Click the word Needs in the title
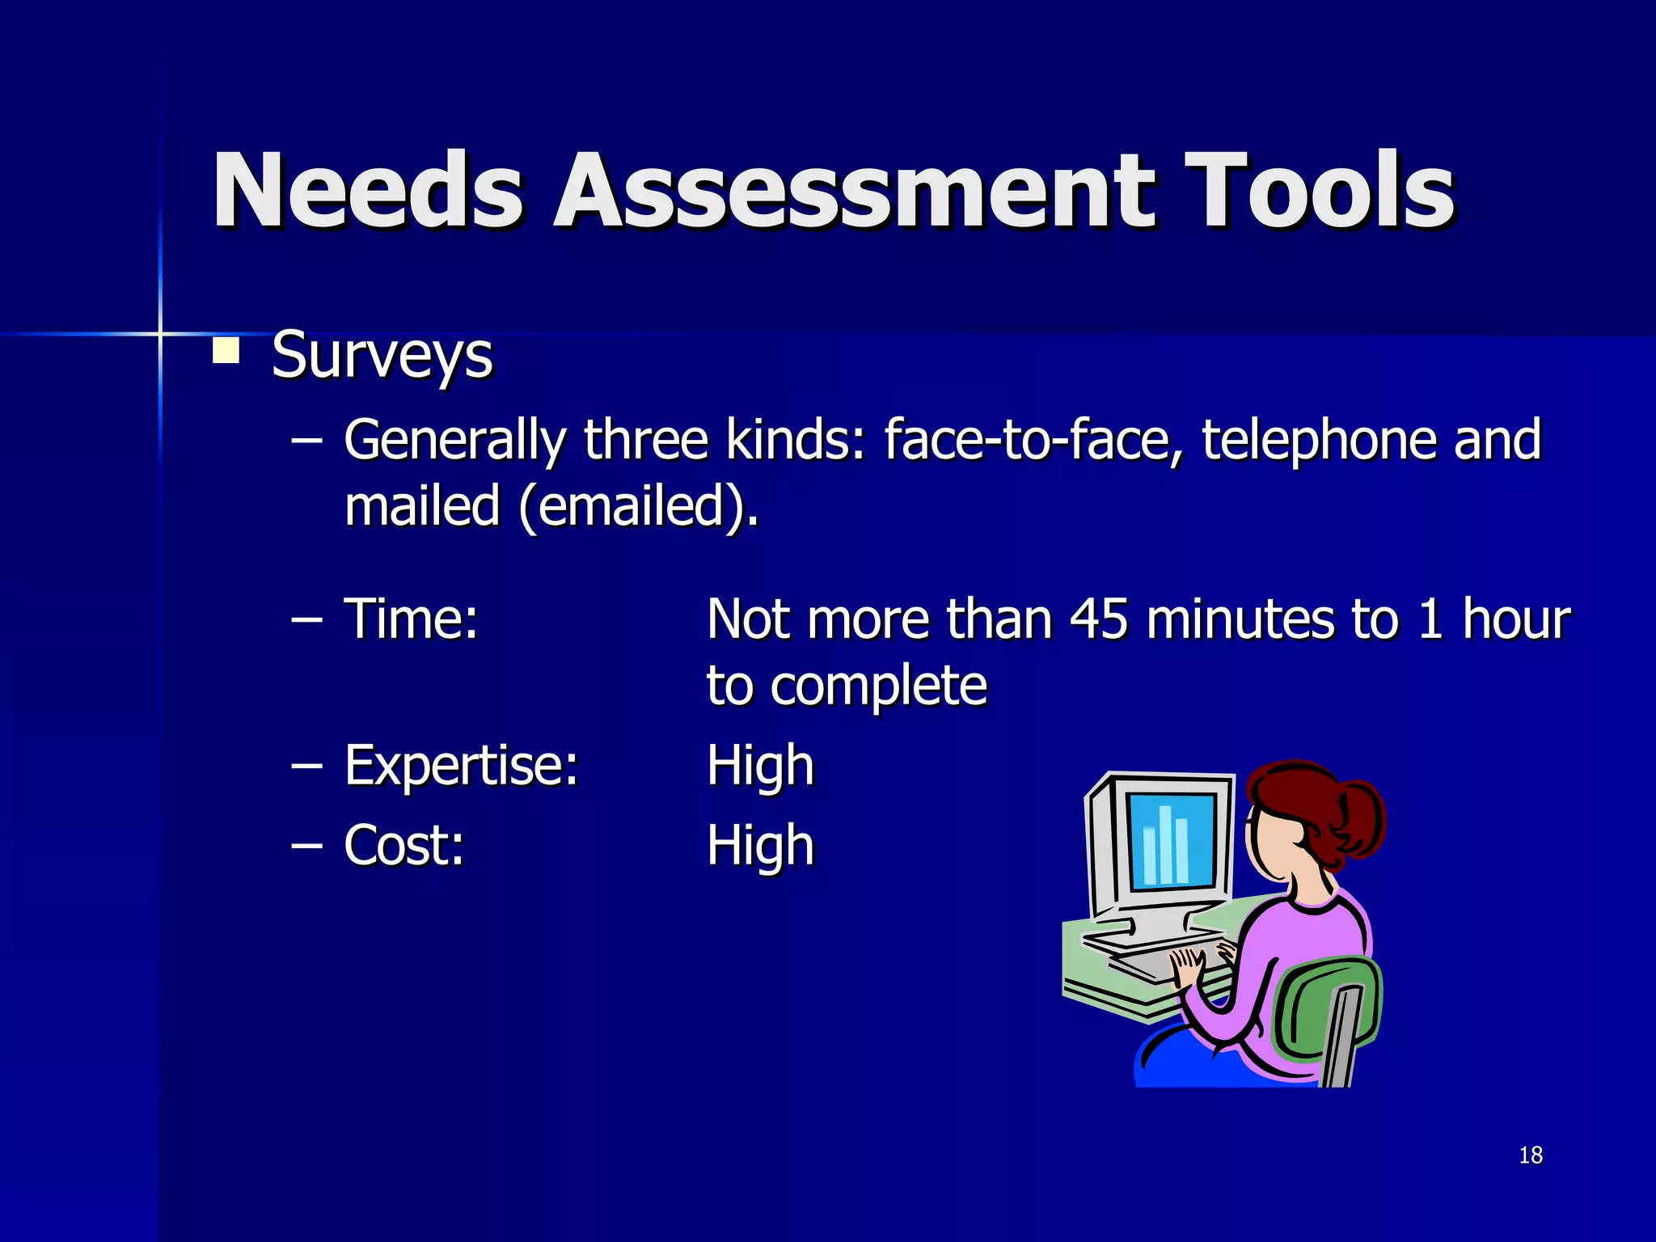[x=368, y=192]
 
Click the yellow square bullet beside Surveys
[x=226, y=351]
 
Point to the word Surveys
[x=382, y=356]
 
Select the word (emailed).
[x=639, y=507]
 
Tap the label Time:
[x=412, y=619]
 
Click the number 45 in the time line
[x=1098, y=619]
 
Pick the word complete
[x=878, y=686]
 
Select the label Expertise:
[x=462, y=765]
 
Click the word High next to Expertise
[x=760, y=765]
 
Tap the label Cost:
[x=404, y=846]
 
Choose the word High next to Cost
[x=760, y=846]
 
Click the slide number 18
[x=1531, y=1155]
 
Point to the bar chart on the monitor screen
[x=1166, y=844]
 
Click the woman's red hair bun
[x=1358, y=817]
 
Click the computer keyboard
[x=1164, y=958]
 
